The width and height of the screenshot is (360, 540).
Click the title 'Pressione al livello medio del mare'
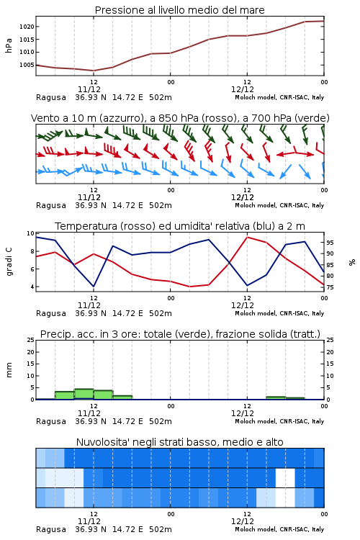point(179,10)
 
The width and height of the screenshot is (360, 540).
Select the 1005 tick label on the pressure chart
point(27,65)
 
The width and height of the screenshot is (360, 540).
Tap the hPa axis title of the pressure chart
point(9,45)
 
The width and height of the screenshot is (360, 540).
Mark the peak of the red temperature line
point(248,237)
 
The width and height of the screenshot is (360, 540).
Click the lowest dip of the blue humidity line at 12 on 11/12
point(94,287)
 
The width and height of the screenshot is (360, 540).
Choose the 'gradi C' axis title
point(9,262)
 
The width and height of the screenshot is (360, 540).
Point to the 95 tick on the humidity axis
point(330,243)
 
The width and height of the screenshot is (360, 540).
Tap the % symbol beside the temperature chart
point(352,262)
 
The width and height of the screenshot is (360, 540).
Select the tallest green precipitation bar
point(84,394)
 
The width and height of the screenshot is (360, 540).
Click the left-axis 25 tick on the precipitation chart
point(31,340)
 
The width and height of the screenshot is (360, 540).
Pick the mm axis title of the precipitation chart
point(9,370)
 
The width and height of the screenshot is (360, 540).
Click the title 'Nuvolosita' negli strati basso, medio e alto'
point(179,442)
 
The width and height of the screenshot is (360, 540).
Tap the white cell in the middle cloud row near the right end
point(285,477)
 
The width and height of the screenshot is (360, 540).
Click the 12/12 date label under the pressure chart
point(243,89)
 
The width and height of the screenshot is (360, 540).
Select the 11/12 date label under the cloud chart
point(89,521)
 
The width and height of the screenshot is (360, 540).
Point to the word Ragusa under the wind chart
point(51,205)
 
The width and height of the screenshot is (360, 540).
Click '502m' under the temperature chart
point(161,313)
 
